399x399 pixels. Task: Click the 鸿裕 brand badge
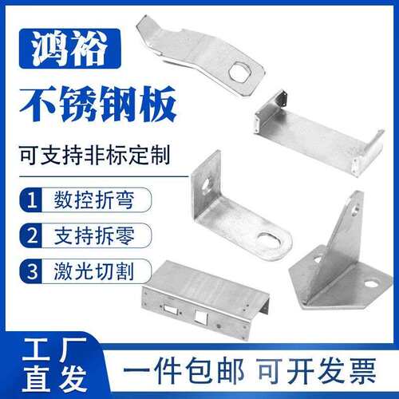pyautogui.click(x=70, y=49)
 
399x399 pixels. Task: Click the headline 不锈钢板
pyautogui.click(x=98, y=104)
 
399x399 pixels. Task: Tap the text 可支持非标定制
pyautogui.click(x=95, y=156)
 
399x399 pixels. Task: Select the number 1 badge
pyautogui.click(x=31, y=199)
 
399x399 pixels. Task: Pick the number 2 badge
pyautogui.click(x=31, y=235)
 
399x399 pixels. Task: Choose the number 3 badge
pyautogui.click(x=31, y=271)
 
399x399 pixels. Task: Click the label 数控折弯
pyautogui.click(x=94, y=200)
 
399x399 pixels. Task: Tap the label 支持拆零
pyautogui.click(x=94, y=235)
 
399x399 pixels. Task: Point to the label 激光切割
pyautogui.click(x=94, y=271)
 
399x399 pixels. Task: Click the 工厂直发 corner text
pyautogui.click(x=55, y=365)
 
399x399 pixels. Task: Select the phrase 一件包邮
pyautogui.click(x=184, y=370)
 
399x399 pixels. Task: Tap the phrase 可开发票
pyautogui.click(x=318, y=370)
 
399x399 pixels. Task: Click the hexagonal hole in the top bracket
pyautogui.click(x=239, y=72)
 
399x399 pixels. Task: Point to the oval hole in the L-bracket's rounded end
pyautogui.click(x=270, y=241)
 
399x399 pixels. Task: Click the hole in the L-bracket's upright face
pyautogui.click(x=206, y=185)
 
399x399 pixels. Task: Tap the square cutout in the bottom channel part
pyautogui.click(x=201, y=316)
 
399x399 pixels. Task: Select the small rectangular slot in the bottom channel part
pyautogui.click(x=169, y=309)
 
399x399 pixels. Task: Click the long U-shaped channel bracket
pyautogui.click(x=318, y=133)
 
